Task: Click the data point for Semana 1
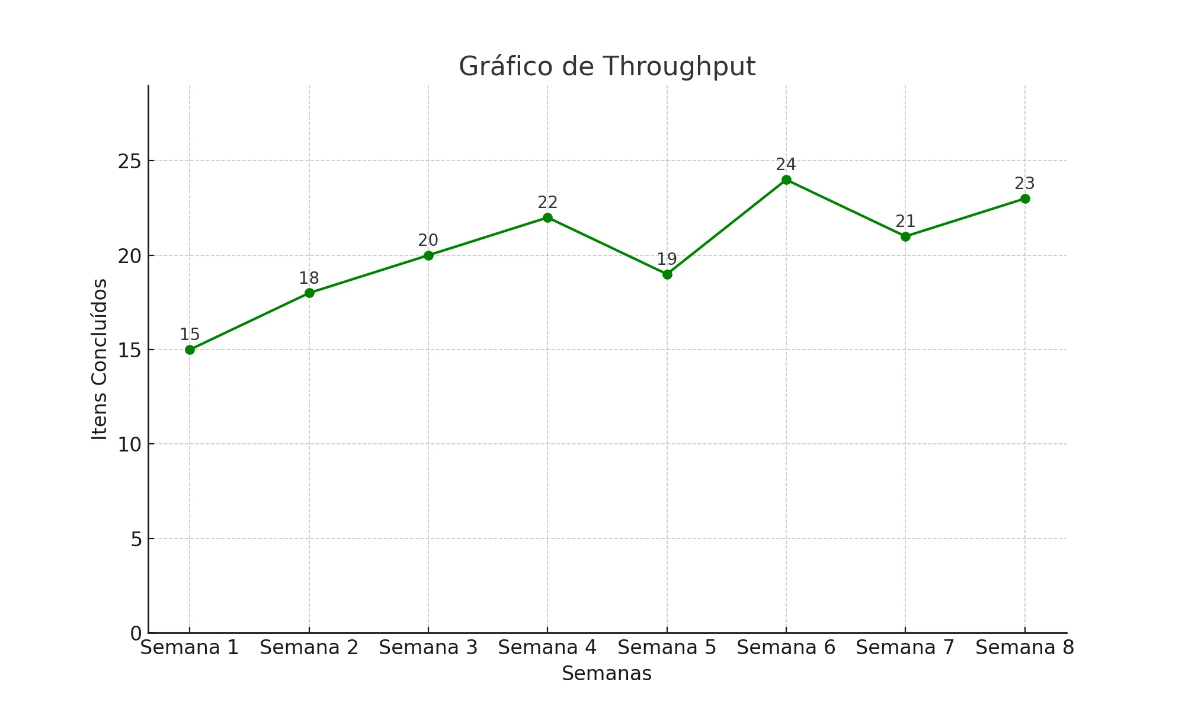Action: coord(190,350)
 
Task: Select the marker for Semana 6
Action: coord(786,180)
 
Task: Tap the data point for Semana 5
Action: coord(667,274)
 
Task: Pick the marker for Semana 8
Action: coord(1025,198)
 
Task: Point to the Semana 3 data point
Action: coord(428,255)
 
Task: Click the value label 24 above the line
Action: coord(786,165)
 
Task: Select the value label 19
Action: coord(667,260)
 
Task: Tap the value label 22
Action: coord(547,203)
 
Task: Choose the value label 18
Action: coord(309,278)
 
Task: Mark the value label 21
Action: coord(905,222)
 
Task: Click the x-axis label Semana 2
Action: coord(309,648)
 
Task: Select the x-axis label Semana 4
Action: coord(547,648)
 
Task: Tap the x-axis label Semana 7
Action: coord(905,648)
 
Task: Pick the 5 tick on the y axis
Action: coord(136,539)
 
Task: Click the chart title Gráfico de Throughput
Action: coord(607,66)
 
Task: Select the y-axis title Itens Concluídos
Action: coord(100,359)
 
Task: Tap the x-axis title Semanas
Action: coord(607,674)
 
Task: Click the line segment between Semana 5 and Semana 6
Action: coord(726,228)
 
